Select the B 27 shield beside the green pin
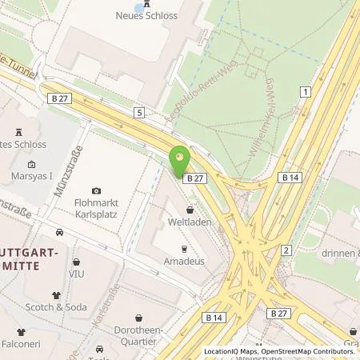tap(195, 178)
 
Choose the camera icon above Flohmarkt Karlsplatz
tap(97, 190)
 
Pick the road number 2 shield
tap(286, 251)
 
